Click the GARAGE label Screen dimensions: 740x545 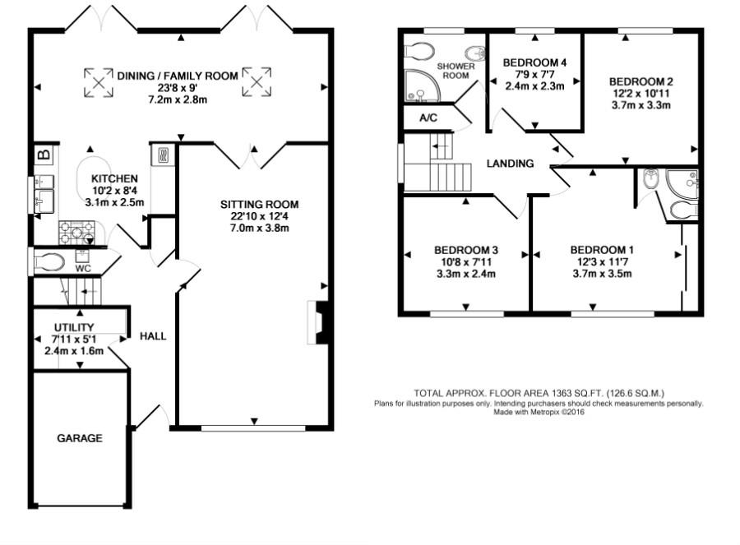pos(79,438)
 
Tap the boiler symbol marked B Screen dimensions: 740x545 pos(44,155)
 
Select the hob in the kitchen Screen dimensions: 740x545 pos(76,233)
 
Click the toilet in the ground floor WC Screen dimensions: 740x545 pos(49,262)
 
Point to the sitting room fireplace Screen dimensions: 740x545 pos(317,322)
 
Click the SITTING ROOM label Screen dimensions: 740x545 pos(259,205)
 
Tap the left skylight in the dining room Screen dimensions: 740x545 pos(99,82)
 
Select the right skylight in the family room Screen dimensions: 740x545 pos(257,82)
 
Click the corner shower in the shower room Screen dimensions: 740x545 pos(423,85)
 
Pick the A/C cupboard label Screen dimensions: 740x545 pos(428,118)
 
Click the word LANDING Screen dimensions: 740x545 pos(510,164)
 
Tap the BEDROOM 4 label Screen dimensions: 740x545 pos(534,62)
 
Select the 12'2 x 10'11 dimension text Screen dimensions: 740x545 pos(641,94)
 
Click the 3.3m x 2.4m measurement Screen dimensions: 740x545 pos(466,274)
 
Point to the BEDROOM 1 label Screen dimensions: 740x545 pos(602,250)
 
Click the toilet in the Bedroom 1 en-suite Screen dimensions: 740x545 pos(684,210)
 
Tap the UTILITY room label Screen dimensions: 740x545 pos(74,327)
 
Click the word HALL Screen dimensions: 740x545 pos(153,336)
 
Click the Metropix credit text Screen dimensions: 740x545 pos(539,412)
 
